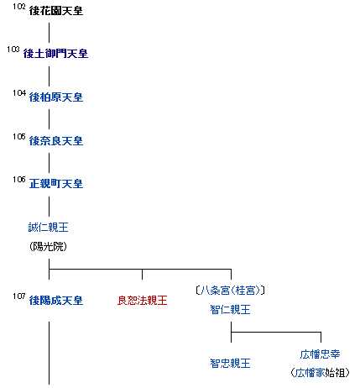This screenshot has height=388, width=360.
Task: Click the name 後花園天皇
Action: point(56,11)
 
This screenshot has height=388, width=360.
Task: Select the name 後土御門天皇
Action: point(55,54)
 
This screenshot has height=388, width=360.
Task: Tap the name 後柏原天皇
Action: point(56,97)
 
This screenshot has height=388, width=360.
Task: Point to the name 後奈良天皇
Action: point(56,140)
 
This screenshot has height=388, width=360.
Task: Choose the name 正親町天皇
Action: point(56,184)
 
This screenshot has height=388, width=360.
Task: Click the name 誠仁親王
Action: point(48,227)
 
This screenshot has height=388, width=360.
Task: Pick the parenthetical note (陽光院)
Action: point(48,246)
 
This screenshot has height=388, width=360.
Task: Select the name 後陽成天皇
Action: point(56,301)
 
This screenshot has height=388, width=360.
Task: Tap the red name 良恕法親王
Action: point(142,301)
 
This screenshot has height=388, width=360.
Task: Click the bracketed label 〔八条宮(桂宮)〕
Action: point(230,291)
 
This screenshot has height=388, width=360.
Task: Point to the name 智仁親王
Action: point(230,310)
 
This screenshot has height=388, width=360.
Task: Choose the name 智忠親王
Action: point(230,364)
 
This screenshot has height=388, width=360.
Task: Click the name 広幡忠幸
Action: point(320,354)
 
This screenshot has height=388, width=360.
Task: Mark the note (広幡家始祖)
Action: point(320,373)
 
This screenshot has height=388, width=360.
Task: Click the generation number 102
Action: point(19,7)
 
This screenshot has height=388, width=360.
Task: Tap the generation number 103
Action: point(13,50)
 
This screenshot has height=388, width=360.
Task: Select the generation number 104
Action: point(19,93)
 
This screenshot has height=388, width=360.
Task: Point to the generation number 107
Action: point(19,296)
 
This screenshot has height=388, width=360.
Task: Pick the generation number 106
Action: point(19,180)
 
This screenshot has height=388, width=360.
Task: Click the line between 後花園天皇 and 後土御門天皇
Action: point(50,32)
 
